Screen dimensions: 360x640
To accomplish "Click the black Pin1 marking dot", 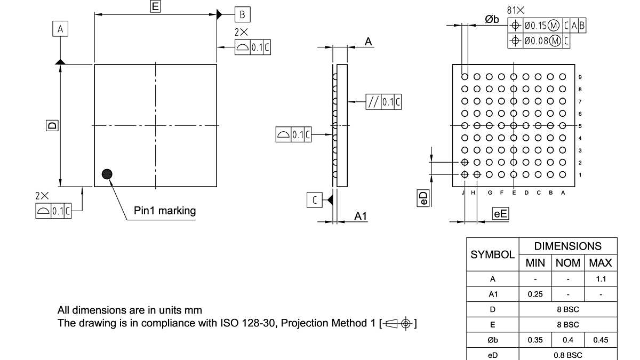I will click(x=107, y=174).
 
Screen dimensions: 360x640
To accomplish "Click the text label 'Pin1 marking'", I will click(x=165, y=211).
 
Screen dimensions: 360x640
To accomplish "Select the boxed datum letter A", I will click(x=60, y=29).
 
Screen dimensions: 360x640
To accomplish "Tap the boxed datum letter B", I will click(x=242, y=14).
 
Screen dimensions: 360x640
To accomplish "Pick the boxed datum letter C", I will click(x=315, y=200).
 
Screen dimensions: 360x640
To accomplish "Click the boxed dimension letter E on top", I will click(x=155, y=6).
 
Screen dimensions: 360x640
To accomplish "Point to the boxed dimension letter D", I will click(x=52, y=126).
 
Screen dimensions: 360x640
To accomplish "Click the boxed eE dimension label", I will click(x=500, y=214).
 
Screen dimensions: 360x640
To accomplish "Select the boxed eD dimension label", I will click(x=423, y=199).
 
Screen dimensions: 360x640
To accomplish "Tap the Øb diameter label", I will click(x=492, y=19).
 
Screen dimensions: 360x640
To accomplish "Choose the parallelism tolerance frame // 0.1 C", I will click(x=383, y=102).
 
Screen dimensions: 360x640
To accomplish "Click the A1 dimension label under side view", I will click(x=361, y=215).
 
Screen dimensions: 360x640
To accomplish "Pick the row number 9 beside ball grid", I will click(x=580, y=77).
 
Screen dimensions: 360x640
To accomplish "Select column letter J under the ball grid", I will click(x=463, y=193).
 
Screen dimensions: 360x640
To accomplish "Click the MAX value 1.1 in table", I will click(x=601, y=279).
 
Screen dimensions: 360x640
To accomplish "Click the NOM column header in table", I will click(x=568, y=263).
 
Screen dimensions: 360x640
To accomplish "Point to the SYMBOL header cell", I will click(x=492, y=254).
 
